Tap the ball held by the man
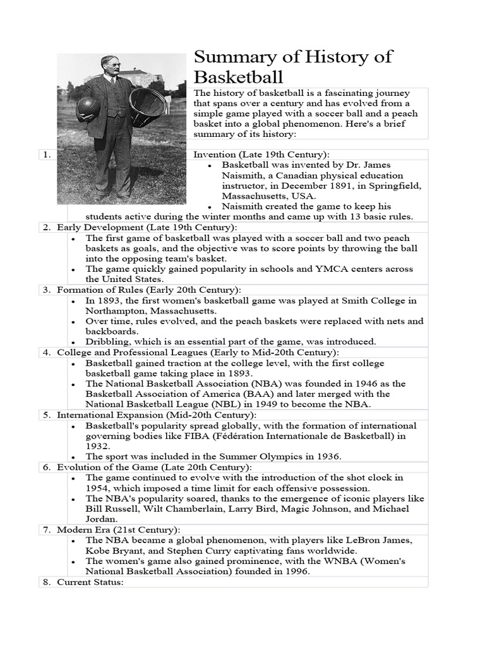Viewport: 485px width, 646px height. click(88, 108)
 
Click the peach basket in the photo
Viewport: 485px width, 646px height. click(147, 105)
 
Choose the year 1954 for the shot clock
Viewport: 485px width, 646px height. click(99, 488)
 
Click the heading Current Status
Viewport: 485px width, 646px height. click(90, 582)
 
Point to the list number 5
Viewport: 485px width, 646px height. click(47, 415)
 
